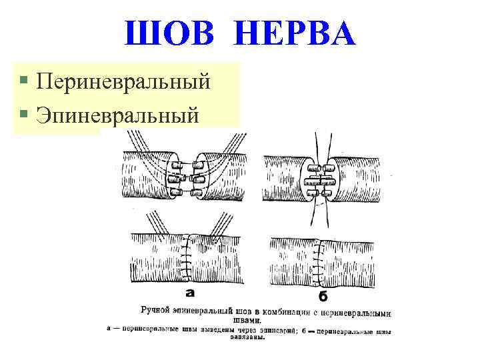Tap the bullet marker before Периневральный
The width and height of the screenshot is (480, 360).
[x=24, y=81]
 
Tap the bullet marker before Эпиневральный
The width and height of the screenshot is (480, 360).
[x=24, y=114]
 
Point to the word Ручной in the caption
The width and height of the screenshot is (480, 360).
[x=157, y=311]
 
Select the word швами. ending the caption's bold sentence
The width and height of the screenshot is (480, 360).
[x=266, y=320]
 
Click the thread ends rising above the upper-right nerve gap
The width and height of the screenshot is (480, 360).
[x=319, y=143]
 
